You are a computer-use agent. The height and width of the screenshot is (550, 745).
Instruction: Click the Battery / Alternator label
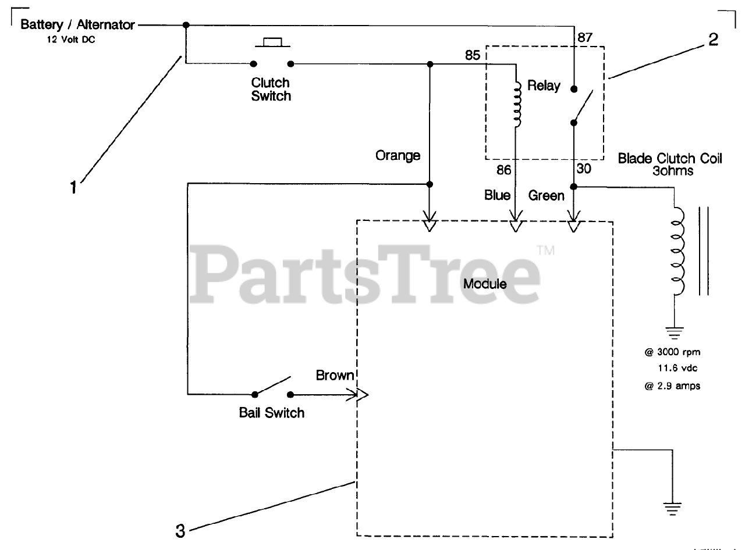77,26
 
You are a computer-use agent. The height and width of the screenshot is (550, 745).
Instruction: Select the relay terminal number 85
473,56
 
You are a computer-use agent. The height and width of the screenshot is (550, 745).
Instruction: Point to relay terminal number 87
585,37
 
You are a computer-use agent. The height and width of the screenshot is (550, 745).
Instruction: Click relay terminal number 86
504,170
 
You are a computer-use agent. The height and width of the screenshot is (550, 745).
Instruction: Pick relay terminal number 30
584,169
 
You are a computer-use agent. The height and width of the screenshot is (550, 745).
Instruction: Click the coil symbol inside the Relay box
516,104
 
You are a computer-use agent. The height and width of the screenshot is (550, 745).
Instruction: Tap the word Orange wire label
398,156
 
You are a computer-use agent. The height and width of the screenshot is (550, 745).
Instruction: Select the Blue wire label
497,195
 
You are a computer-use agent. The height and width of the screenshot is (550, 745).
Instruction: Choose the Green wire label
546,196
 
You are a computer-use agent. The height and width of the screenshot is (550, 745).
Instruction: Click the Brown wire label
335,376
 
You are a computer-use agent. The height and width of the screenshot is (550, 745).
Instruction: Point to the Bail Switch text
272,413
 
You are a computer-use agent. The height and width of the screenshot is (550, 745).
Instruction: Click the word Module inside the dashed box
485,284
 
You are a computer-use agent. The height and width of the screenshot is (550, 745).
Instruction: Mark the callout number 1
73,188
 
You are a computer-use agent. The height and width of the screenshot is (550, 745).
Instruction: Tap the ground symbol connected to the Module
673,508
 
